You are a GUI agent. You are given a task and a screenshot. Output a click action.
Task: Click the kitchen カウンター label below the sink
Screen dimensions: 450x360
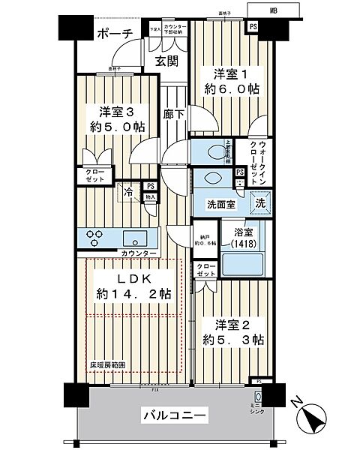[x=139, y=254]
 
